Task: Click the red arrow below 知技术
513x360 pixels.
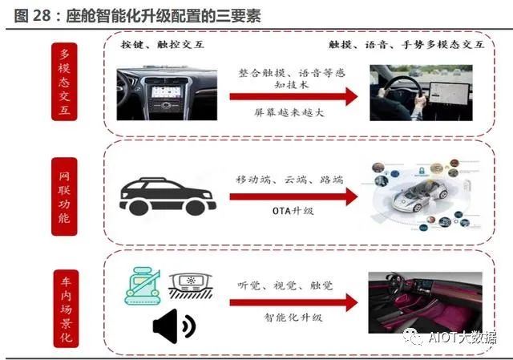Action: click(x=292, y=97)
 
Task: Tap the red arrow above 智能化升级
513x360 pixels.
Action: click(x=292, y=301)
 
